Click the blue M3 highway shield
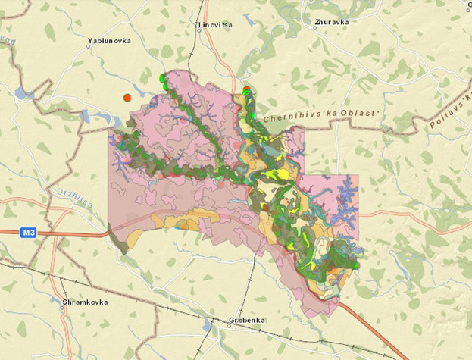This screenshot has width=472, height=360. [x=28, y=233]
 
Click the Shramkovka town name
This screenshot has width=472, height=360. [x=84, y=302]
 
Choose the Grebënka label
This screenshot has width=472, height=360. [x=247, y=320]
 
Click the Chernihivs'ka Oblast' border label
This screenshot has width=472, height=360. [x=320, y=115]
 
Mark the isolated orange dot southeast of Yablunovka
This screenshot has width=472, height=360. [x=127, y=98]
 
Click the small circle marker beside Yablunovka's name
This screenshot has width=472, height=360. [x=90, y=46]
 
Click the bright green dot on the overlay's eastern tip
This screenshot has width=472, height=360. [x=355, y=265]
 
